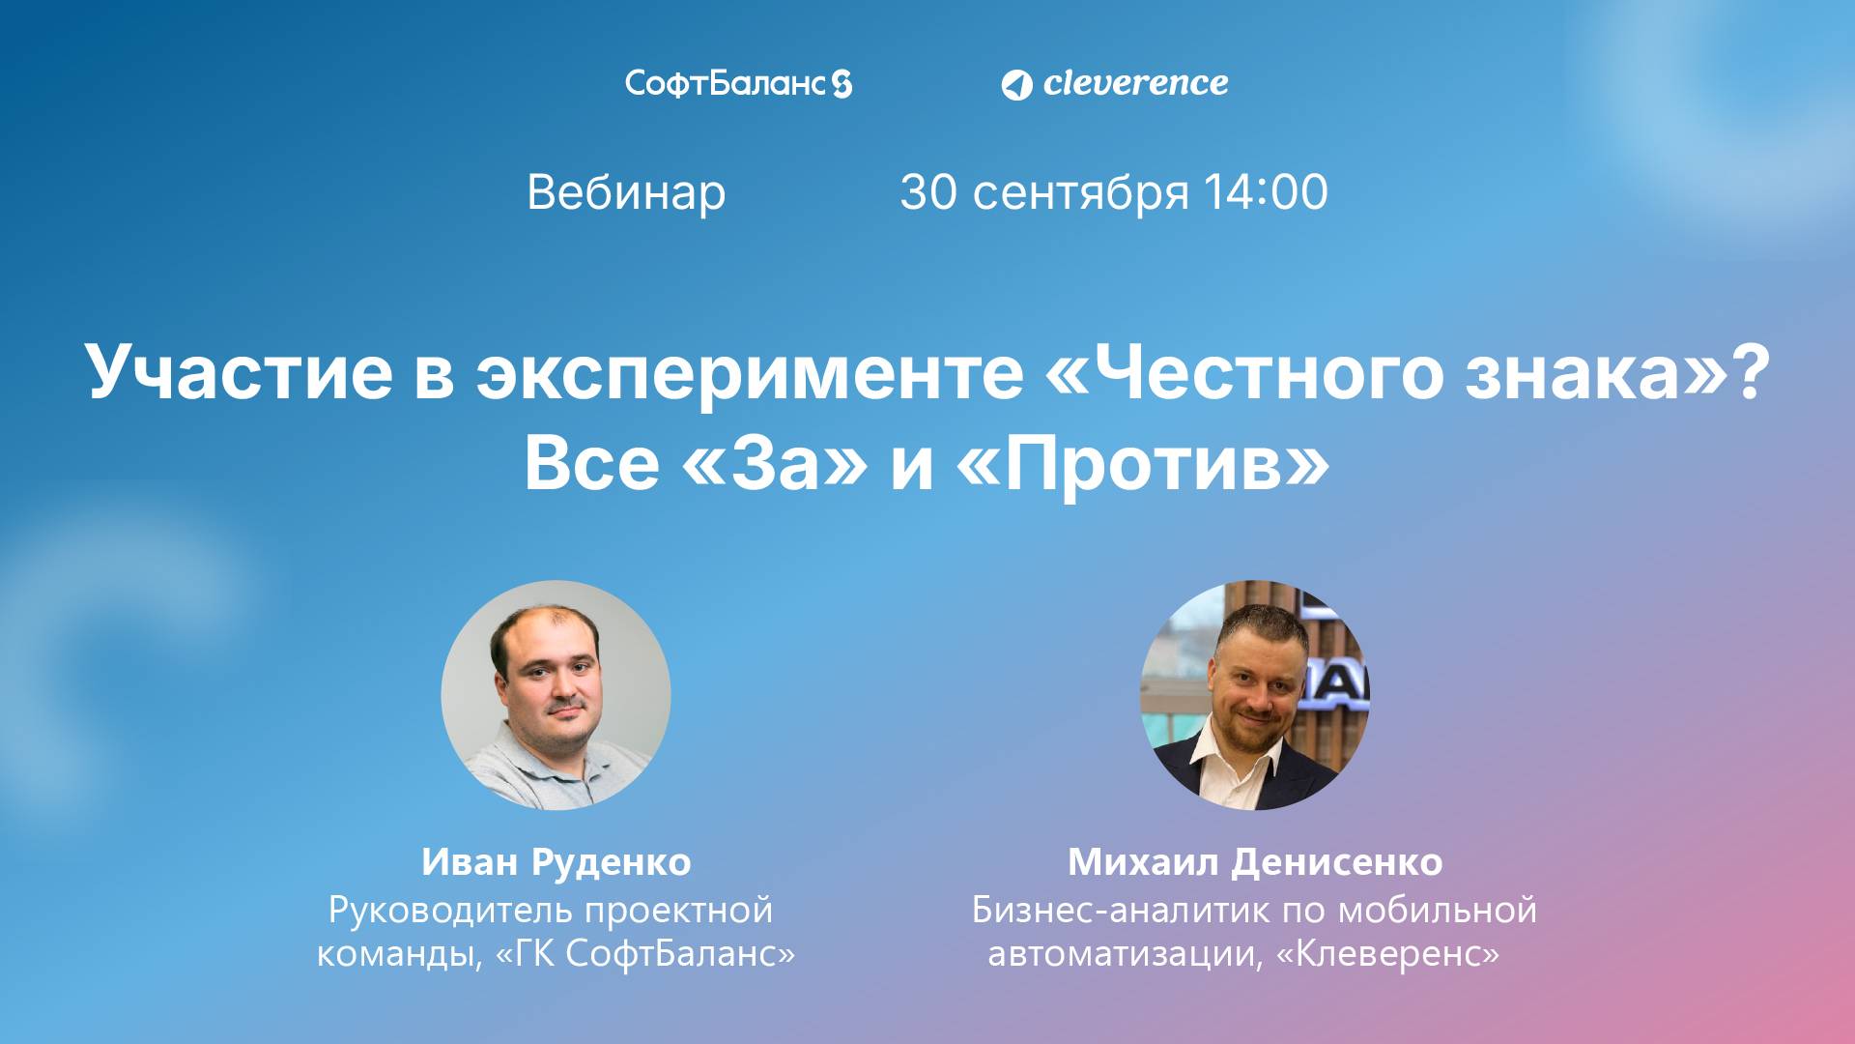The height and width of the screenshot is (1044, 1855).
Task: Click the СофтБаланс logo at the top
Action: tap(738, 83)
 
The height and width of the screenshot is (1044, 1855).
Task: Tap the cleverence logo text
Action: tap(1135, 83)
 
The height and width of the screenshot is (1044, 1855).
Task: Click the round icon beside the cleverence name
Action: tap(1015, 85)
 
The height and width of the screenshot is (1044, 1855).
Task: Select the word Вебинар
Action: tap(626, 192)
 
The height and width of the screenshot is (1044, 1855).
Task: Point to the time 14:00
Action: tap(1266, 192)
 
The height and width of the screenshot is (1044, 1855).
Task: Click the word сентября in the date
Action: tap(1080, 193)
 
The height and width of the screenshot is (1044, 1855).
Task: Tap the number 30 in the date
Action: tap(928, 192)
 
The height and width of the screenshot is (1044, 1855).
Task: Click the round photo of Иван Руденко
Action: tap(556, 694)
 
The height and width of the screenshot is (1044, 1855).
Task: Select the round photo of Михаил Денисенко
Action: tap(1255, 694)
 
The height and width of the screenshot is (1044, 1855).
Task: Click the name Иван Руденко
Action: tap(556, 861)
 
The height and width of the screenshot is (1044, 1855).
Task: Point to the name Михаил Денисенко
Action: tap(1255, 861)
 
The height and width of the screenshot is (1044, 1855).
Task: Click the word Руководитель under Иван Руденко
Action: tap(451, 911)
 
